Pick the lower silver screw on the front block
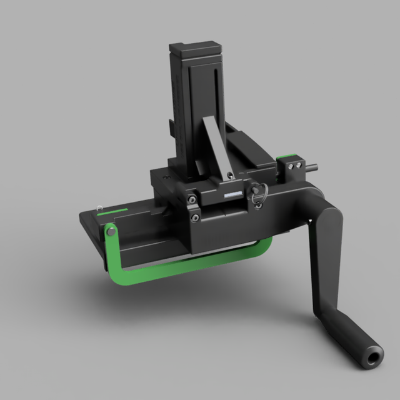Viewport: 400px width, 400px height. pos(196,217)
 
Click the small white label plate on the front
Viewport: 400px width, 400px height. pos(232,195)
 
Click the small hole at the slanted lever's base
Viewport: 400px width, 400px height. pos(231,176)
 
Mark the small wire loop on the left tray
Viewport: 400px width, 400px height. pos(99,207)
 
